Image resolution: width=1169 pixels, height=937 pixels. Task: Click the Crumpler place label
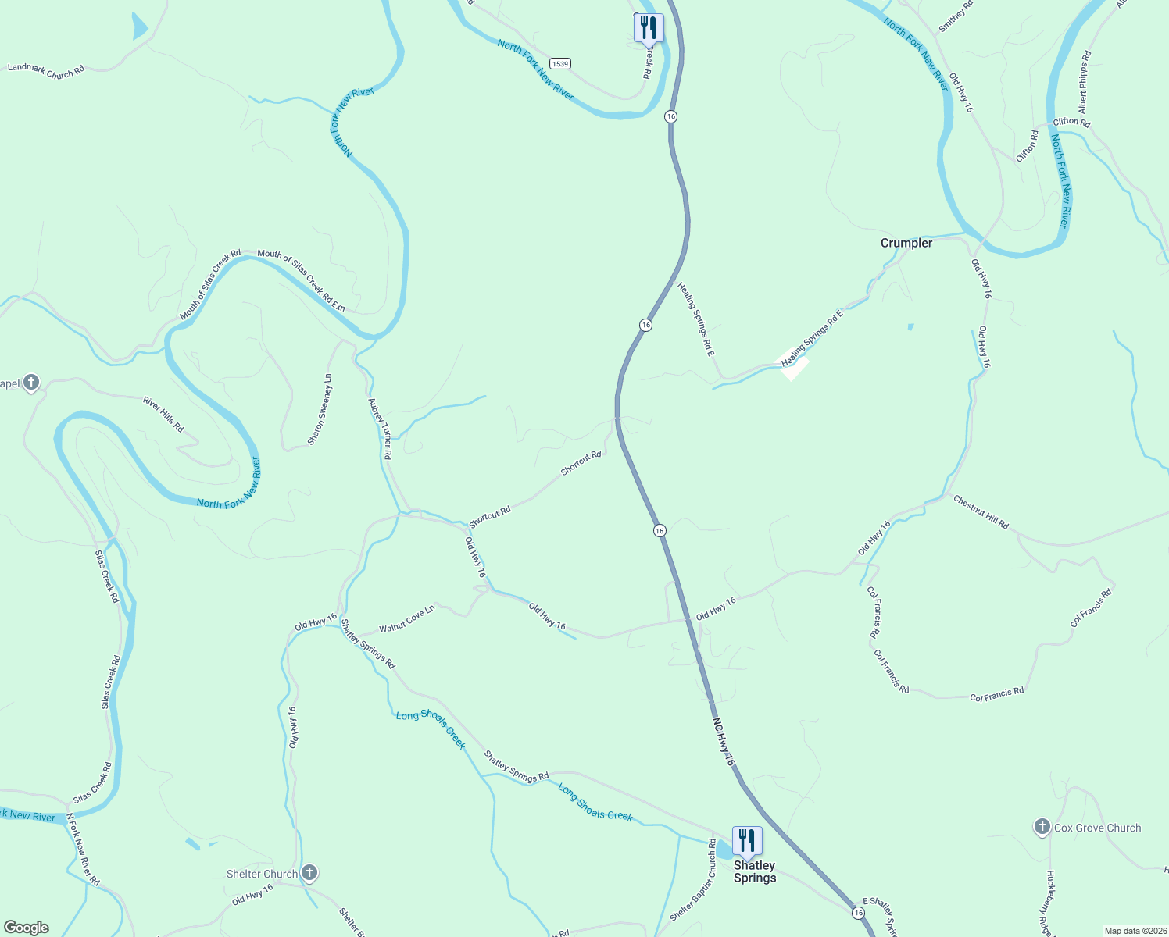906,243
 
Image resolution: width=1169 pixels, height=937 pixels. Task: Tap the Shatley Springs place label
754,871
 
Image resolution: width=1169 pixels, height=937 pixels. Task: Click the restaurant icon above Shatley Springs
746,841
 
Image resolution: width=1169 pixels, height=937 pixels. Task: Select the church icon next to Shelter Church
309,873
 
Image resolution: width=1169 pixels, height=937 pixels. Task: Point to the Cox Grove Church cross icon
1041,828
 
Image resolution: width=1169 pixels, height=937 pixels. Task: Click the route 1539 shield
559,63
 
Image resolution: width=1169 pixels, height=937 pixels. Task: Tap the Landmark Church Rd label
45,71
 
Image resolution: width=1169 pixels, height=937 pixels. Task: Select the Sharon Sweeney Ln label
320,410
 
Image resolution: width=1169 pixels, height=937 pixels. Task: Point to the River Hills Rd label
163,415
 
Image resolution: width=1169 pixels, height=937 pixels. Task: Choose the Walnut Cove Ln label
406,619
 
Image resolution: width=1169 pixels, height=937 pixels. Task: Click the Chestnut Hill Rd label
981,512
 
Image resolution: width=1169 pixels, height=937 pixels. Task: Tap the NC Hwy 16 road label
724,742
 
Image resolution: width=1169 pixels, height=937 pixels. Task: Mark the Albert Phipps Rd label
1083,82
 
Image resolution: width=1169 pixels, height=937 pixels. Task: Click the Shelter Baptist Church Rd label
692,880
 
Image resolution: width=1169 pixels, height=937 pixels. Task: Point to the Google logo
27,928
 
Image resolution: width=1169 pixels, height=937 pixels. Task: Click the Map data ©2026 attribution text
1135,931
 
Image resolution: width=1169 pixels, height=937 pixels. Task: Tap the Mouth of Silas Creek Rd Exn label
301,280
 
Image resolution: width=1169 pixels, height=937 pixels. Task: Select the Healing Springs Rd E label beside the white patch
813,338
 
